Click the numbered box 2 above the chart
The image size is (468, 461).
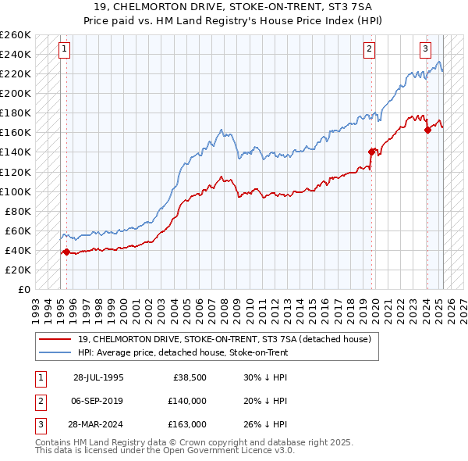368,49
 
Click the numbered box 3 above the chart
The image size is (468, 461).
426,49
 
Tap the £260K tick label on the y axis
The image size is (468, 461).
16,35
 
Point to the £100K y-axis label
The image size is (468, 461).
16,191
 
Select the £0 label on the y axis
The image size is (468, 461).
24,289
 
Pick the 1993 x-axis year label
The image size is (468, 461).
34,305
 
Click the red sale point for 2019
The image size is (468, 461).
372,152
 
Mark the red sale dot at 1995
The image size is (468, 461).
66,252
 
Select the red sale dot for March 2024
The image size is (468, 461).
427,130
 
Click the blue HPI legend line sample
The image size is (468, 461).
55,352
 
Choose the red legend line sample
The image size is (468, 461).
55,338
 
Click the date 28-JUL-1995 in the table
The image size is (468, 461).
98,377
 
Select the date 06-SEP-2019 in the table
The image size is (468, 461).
99,401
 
